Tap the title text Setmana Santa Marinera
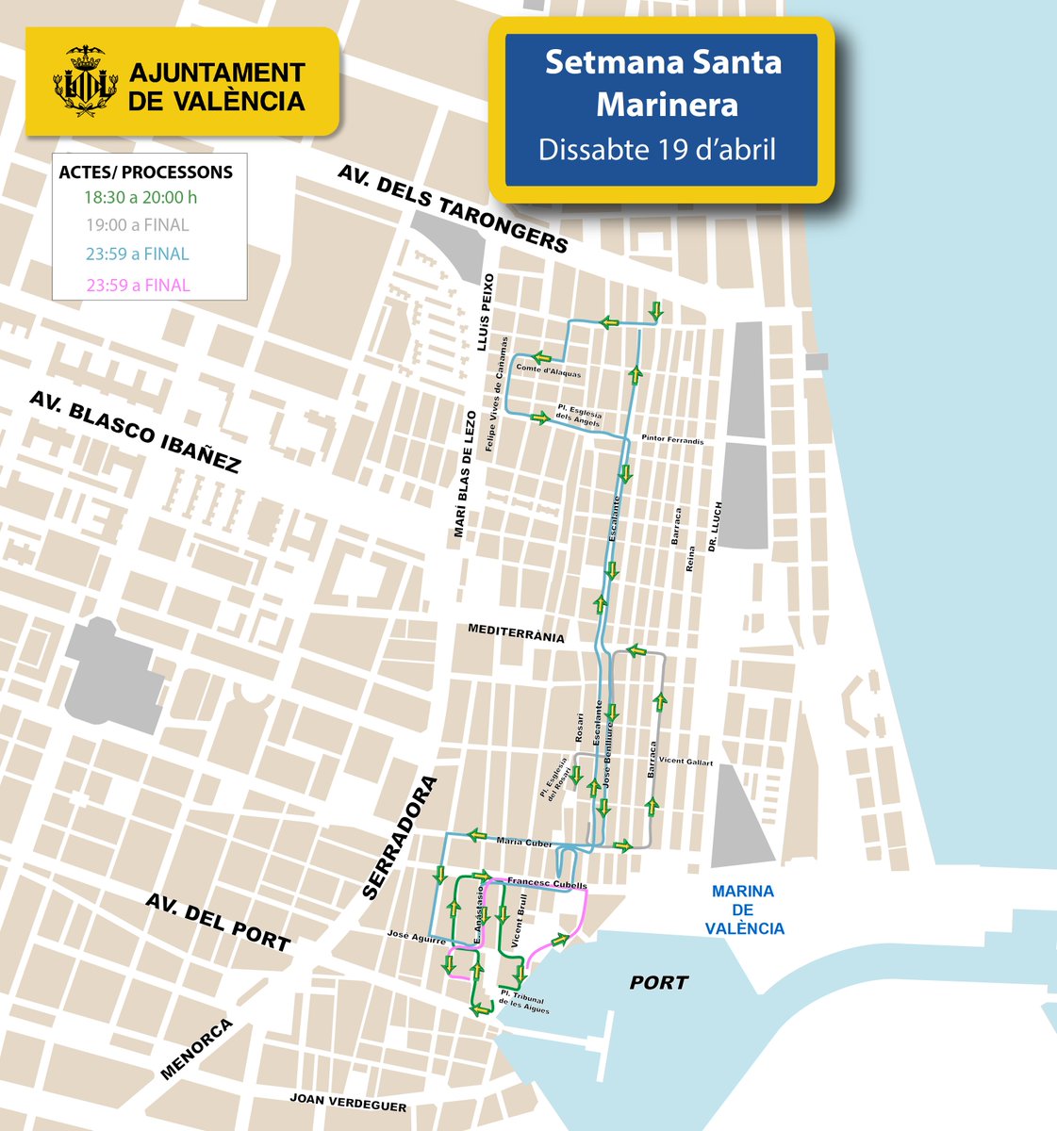point(663,83)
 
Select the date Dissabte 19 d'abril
point(657,150)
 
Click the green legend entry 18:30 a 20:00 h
point(140,198)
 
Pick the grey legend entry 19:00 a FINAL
point(137,225)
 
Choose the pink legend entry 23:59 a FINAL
point(137,286)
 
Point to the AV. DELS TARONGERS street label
point(453,210)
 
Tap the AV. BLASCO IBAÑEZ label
point(135,432)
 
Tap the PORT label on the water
point(659,983)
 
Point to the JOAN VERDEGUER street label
point(348,1103)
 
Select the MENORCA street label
point(196,1049)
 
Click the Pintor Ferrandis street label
point(672,440)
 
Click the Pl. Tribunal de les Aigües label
point(524,1001)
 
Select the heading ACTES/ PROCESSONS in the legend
point(145,172)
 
